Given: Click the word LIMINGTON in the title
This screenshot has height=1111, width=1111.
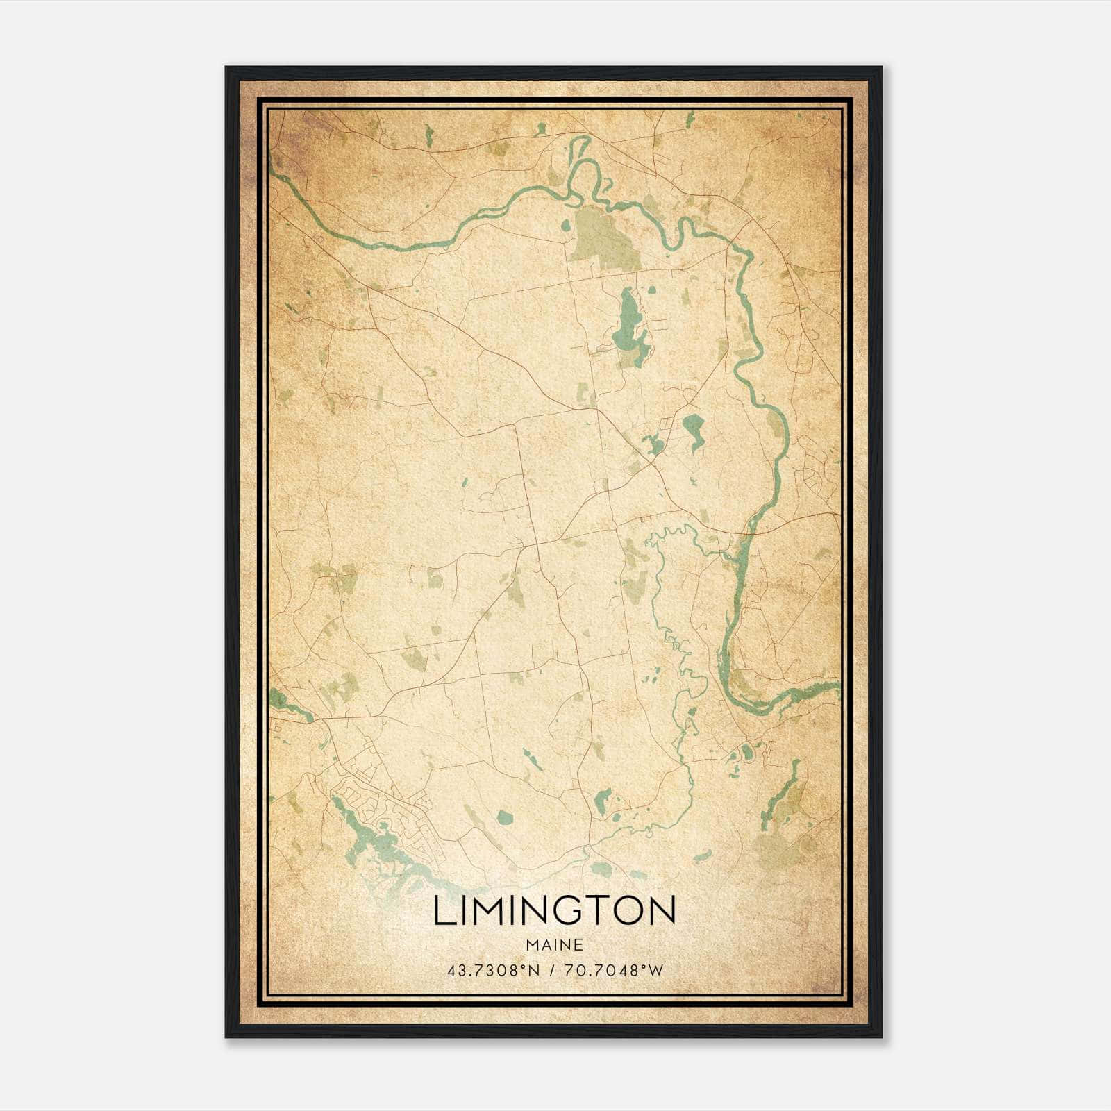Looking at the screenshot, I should [x=555, y=910].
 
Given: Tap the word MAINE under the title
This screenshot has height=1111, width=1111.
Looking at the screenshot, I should [x=555, y=945].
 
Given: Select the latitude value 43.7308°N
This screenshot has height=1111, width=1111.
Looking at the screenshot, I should [x=493, y=971].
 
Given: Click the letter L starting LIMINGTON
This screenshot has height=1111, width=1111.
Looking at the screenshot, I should [x=442, y=910].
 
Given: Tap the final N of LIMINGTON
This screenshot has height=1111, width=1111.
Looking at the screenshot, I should [x=663, y=910].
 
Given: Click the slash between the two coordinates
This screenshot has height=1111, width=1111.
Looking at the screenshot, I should [x=551, y=971].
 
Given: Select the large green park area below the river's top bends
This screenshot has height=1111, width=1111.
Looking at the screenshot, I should [x=603, y=240].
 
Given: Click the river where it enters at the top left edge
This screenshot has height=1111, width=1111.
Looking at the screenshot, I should [x=278, y=170].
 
